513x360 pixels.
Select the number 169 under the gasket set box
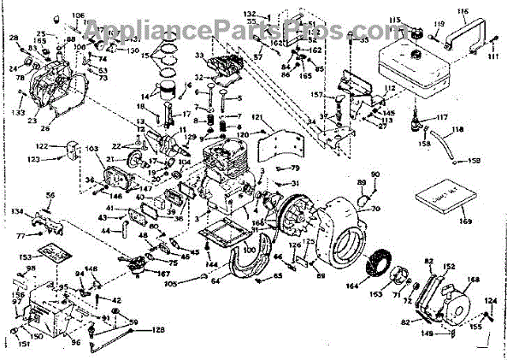coord(465,221)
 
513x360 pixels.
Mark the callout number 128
coord(159,329)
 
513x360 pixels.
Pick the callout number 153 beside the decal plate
coord(26,256)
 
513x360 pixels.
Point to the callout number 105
coord(170,283)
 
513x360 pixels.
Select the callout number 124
coord(492,300)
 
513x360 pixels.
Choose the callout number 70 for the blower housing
coord(375,208)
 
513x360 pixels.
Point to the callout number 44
coord(106,231)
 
